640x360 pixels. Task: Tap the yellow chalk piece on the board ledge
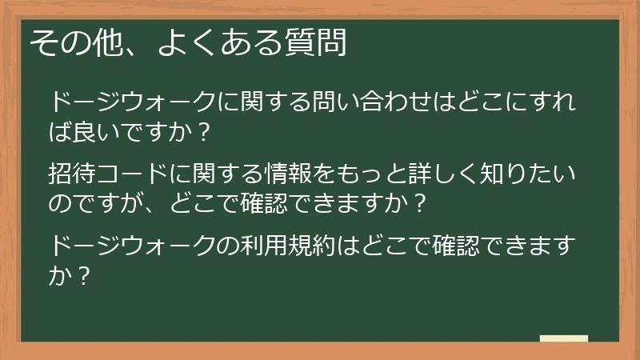tap(563, 338)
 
